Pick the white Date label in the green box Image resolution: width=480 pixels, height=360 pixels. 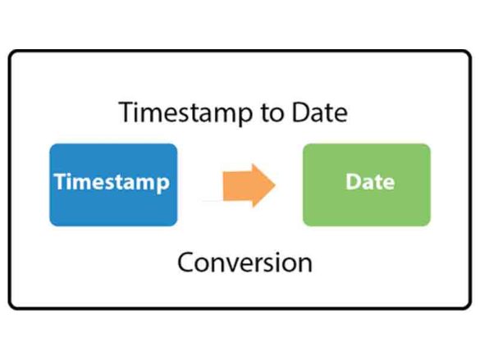click(x=366, y=181)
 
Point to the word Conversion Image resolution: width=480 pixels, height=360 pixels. click(x=245, y=263)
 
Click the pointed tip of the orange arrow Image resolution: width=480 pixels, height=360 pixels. click(x=275, y=185)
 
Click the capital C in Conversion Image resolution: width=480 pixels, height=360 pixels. click(x=187, y=263)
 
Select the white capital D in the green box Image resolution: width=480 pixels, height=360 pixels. click(x=353, y=181)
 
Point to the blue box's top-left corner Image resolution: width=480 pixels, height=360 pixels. click(x=52, y=146)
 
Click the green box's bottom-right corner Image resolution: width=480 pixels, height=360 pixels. click(x=428, y=224)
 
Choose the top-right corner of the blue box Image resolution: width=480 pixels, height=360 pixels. click(x=176, y=146)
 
